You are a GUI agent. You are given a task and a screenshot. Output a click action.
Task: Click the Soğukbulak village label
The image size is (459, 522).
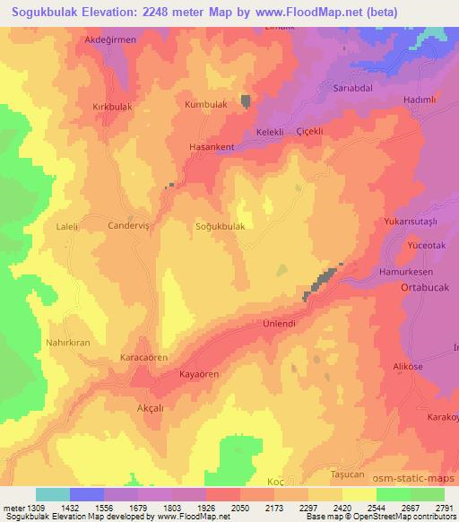click(220, 227)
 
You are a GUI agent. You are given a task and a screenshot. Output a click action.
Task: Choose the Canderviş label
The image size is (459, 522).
click(132, 227)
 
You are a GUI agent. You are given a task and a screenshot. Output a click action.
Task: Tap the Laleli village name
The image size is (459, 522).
click(68, 228)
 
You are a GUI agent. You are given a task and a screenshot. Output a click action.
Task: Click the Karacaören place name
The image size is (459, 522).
click(144, 357)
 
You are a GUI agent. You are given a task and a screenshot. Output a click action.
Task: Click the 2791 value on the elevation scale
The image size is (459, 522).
click(445, 508)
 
